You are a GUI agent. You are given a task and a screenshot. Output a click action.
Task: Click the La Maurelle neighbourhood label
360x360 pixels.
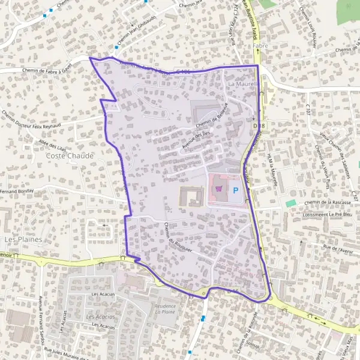point(242,85)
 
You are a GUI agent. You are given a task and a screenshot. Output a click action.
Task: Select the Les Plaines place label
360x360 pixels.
point(18,239)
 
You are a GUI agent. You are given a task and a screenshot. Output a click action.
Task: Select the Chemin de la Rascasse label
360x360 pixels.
point(328,203)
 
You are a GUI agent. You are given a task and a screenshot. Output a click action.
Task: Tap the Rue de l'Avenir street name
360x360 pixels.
point(339,248)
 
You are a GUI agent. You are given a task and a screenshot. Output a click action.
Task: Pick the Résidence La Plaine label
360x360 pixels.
point(165,309)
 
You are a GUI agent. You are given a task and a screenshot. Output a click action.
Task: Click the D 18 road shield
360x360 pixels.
point(259,125)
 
